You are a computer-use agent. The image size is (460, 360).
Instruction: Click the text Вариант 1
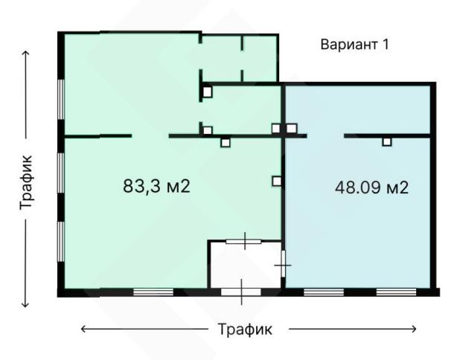click(354, 45)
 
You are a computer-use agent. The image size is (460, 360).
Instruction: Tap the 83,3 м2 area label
click(156, 186)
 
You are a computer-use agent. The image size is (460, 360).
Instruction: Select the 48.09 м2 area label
click(371, 187)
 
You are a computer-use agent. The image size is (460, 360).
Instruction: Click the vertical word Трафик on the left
click(26, 183)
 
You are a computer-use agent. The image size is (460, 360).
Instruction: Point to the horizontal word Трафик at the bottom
click(245, 329)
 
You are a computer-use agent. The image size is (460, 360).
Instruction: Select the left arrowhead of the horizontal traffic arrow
click(83, 329)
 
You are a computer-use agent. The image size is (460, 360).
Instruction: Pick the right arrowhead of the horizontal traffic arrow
click(414, 329)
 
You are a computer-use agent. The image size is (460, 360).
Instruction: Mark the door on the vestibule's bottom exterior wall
click(241, 292)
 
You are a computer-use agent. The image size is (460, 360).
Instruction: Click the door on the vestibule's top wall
click(243, 241)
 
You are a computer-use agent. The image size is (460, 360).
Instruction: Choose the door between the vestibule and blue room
click(283, 264)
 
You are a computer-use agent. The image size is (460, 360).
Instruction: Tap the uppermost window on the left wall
click(61, 99)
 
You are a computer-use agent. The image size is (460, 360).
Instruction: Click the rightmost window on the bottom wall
click(396, 292)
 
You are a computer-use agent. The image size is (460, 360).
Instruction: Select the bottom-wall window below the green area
click(153, 292)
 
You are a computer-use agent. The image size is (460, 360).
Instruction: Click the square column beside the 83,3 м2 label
click(276, 181)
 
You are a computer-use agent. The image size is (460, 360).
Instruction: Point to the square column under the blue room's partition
click(387, 142)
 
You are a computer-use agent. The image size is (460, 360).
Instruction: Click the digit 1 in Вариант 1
click(386, 45)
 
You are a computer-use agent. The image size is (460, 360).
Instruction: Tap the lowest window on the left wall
click(61, 242)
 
